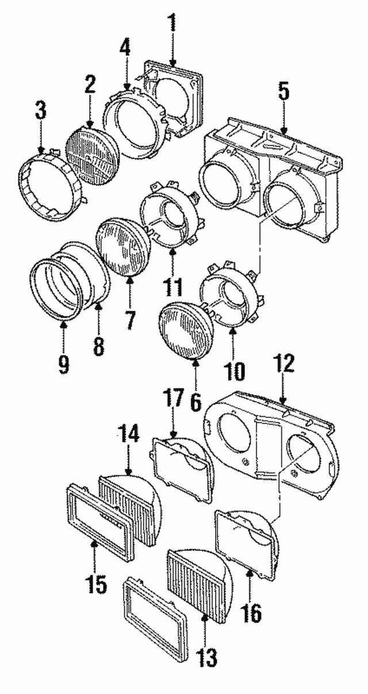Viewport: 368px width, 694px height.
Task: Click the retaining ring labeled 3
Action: point(52,184)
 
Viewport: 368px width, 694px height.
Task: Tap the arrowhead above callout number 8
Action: point(98,305)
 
